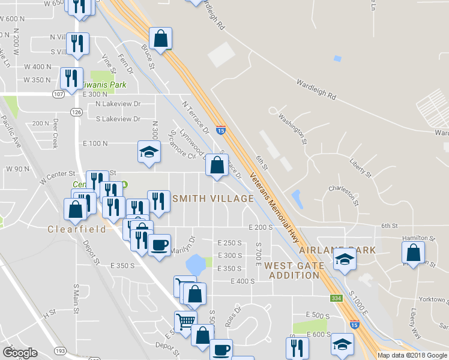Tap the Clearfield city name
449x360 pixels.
click(x=77, y=229)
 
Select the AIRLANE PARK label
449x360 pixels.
click(x=337, y=250)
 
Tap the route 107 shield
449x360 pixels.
click(x=58, y=94)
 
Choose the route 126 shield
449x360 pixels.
click(x=76, y=112)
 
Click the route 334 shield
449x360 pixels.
click(x=336, y=298)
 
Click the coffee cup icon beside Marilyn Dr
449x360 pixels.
click(x=159, y=246)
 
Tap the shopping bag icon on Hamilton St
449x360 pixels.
click(x=414, y=252)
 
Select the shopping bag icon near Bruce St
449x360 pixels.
click(x=161, y=39)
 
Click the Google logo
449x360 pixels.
click(x=20, y=352)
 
